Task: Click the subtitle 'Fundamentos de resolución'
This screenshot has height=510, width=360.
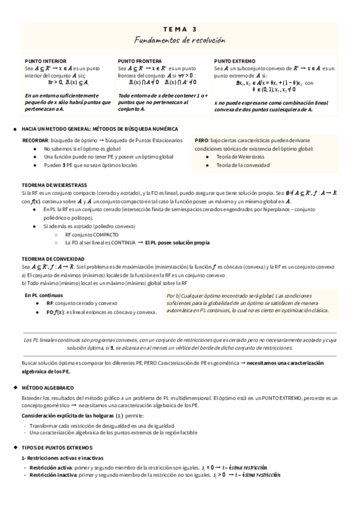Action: [x=180, y=40]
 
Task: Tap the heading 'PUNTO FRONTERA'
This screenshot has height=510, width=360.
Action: [x=139, y=61]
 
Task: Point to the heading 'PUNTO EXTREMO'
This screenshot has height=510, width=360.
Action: [x=234, y=61]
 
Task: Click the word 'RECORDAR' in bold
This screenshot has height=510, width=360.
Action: [x=35, y=140]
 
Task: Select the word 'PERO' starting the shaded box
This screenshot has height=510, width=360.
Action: [x=202, y=140]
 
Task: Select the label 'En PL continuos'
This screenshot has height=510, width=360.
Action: [x=44, y=296]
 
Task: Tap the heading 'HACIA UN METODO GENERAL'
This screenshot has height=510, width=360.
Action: [x=63, y=129]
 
